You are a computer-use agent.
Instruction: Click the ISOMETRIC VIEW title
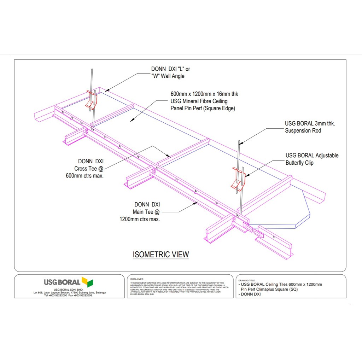pyautogui.click(x=160, y=254)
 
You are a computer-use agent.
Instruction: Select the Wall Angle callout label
pyautogui.click(x=170, y=72)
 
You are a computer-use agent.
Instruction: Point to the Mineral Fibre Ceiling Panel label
pyautogui.click(x=204, y=101)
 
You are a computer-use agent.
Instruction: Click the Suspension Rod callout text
pyautogui.click(x=310, y=127)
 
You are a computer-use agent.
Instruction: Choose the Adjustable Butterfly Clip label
pyautogui.click(x=312, y=159)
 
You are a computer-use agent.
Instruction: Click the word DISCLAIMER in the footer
pyautogui.click(x=137, y=279)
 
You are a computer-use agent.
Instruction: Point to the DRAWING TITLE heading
pyautogui.click(x=247, y=280)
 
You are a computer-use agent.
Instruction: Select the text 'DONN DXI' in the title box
pyautogui.click(x=251, y=294)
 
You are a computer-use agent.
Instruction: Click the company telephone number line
pyautogui.click(x=68, y=296)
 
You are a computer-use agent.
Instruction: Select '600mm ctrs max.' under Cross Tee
pyautogui.click(x=84, y=175)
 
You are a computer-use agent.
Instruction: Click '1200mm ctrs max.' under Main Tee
pyautogui.click(x=140, y=219)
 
